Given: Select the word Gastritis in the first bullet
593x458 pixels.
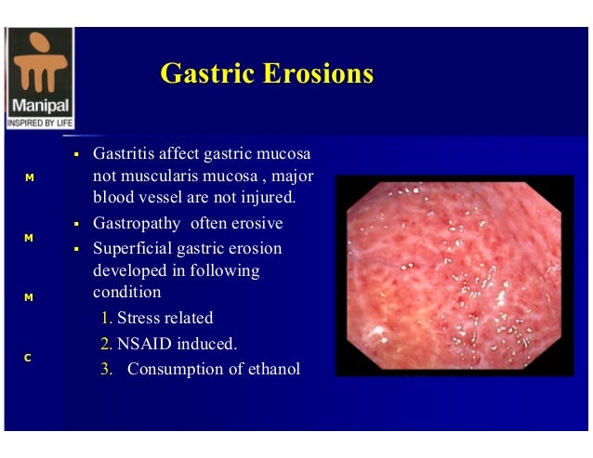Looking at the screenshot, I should click(x=124, y=152).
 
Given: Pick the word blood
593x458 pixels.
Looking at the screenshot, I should click(x=112, y=197).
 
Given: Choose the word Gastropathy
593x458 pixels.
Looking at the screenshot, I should click(x=138, y=224).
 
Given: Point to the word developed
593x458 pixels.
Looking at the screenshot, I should click(x=129, y=270).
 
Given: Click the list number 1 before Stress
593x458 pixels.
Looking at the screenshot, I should click(x=107, y=318).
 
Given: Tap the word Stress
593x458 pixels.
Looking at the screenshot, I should click(x=139, y=318).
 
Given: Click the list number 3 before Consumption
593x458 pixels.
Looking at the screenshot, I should click(x=107, y=369).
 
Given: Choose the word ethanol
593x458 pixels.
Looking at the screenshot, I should click(x=270, y=369).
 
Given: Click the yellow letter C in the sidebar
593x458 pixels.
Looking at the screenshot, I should click(x=29, y=358).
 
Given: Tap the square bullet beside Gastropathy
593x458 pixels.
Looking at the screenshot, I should click(x=79, y=224).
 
